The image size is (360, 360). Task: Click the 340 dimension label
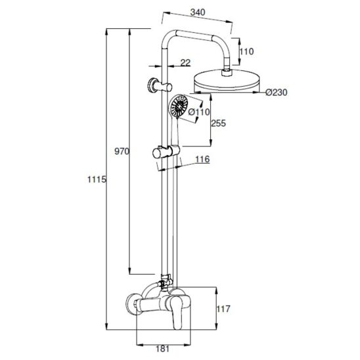(198, 12)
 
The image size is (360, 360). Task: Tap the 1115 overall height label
(97, 179)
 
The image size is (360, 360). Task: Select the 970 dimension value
(122, 151)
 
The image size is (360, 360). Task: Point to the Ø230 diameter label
(277, 93)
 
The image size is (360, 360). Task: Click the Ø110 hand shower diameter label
(199, 112)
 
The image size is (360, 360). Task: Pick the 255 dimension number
(218, 124)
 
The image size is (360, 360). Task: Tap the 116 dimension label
(202, 159)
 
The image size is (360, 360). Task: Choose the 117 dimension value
(223, 309)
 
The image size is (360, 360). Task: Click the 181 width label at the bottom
(162, 349)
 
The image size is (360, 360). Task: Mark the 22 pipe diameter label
(185, 62)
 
